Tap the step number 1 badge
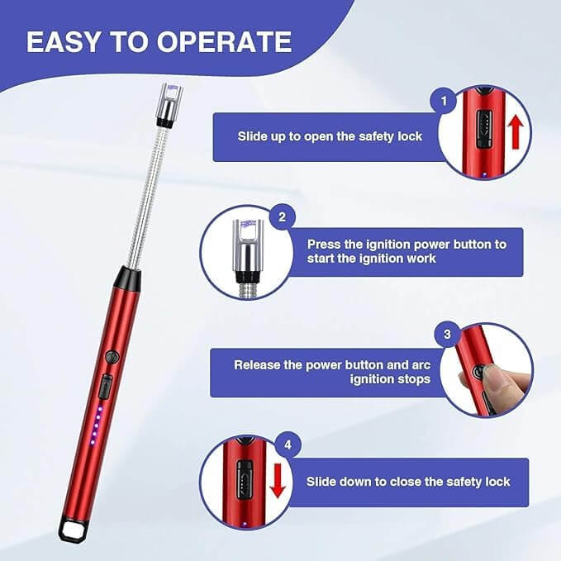pyautogui.click(x=444, y=102)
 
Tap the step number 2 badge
pyautogui.click(x=282, y=218)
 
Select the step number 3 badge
pyautogui.click(x=447, y=335)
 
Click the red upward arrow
pyautogui.click(x=516, y=131)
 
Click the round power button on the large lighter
pyautogui.click(x=113, y=358)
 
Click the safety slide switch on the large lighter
pyautogui.click(x=106, y=386)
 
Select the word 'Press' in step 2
pyautogui.click(x=324, y=245)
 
